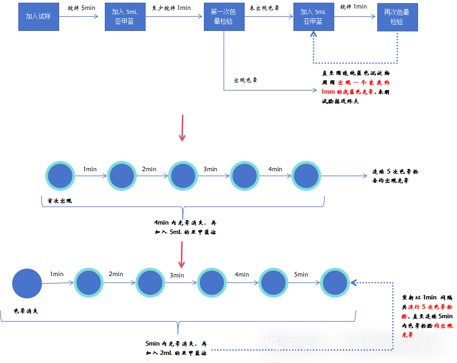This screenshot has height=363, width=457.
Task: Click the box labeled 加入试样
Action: [39, 17]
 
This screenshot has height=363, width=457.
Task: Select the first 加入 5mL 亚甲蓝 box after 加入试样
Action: [125, 17]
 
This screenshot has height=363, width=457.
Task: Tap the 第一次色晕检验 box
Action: [224, 17]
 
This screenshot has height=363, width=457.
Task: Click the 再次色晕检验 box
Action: [397, 17]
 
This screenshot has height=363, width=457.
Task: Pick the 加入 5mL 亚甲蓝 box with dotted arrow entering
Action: [314, 17]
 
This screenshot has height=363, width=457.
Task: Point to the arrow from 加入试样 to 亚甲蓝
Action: [78, 17]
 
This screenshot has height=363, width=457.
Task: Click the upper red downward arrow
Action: [182, 128]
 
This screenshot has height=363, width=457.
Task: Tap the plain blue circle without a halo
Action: [27, 283]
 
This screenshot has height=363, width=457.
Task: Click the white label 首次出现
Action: [63, 201]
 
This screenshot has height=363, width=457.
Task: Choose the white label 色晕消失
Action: [30, 311]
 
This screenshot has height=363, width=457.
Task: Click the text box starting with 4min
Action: [185, 228]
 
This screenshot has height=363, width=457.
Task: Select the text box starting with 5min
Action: [176, 349]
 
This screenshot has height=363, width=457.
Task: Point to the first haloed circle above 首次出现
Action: [60, 176]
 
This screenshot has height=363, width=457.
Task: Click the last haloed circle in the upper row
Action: [306, 176]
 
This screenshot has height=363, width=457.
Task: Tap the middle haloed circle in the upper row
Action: [183, 176]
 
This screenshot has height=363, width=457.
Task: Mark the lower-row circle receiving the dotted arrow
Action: [335, 283]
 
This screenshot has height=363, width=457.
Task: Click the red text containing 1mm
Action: [347, 91]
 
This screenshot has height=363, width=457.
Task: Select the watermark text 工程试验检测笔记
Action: [391, 344]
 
